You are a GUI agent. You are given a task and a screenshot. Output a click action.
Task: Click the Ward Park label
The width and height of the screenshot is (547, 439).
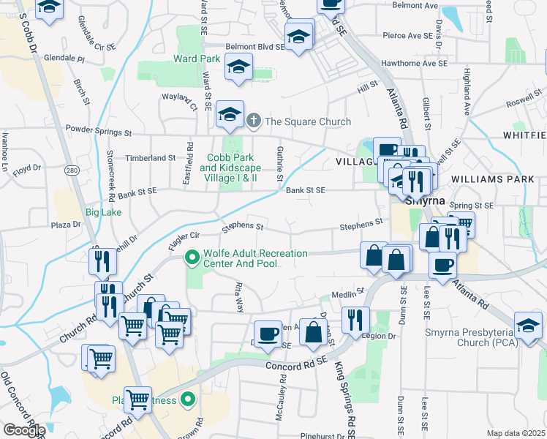point(197,59)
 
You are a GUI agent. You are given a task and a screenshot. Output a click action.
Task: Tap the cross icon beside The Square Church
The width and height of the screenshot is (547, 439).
point(254,121)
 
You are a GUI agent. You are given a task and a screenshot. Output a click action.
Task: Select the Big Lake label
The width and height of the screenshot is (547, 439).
point(102,213)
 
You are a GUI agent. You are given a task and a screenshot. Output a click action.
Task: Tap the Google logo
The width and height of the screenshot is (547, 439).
point(23,429)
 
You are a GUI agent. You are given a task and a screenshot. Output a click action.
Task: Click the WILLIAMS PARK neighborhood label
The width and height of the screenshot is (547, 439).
point(487,179)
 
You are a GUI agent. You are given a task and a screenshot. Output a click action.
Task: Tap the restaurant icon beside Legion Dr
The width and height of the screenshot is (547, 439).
point(356,319)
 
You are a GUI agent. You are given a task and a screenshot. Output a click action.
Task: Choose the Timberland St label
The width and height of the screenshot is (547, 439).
point(151,157)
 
